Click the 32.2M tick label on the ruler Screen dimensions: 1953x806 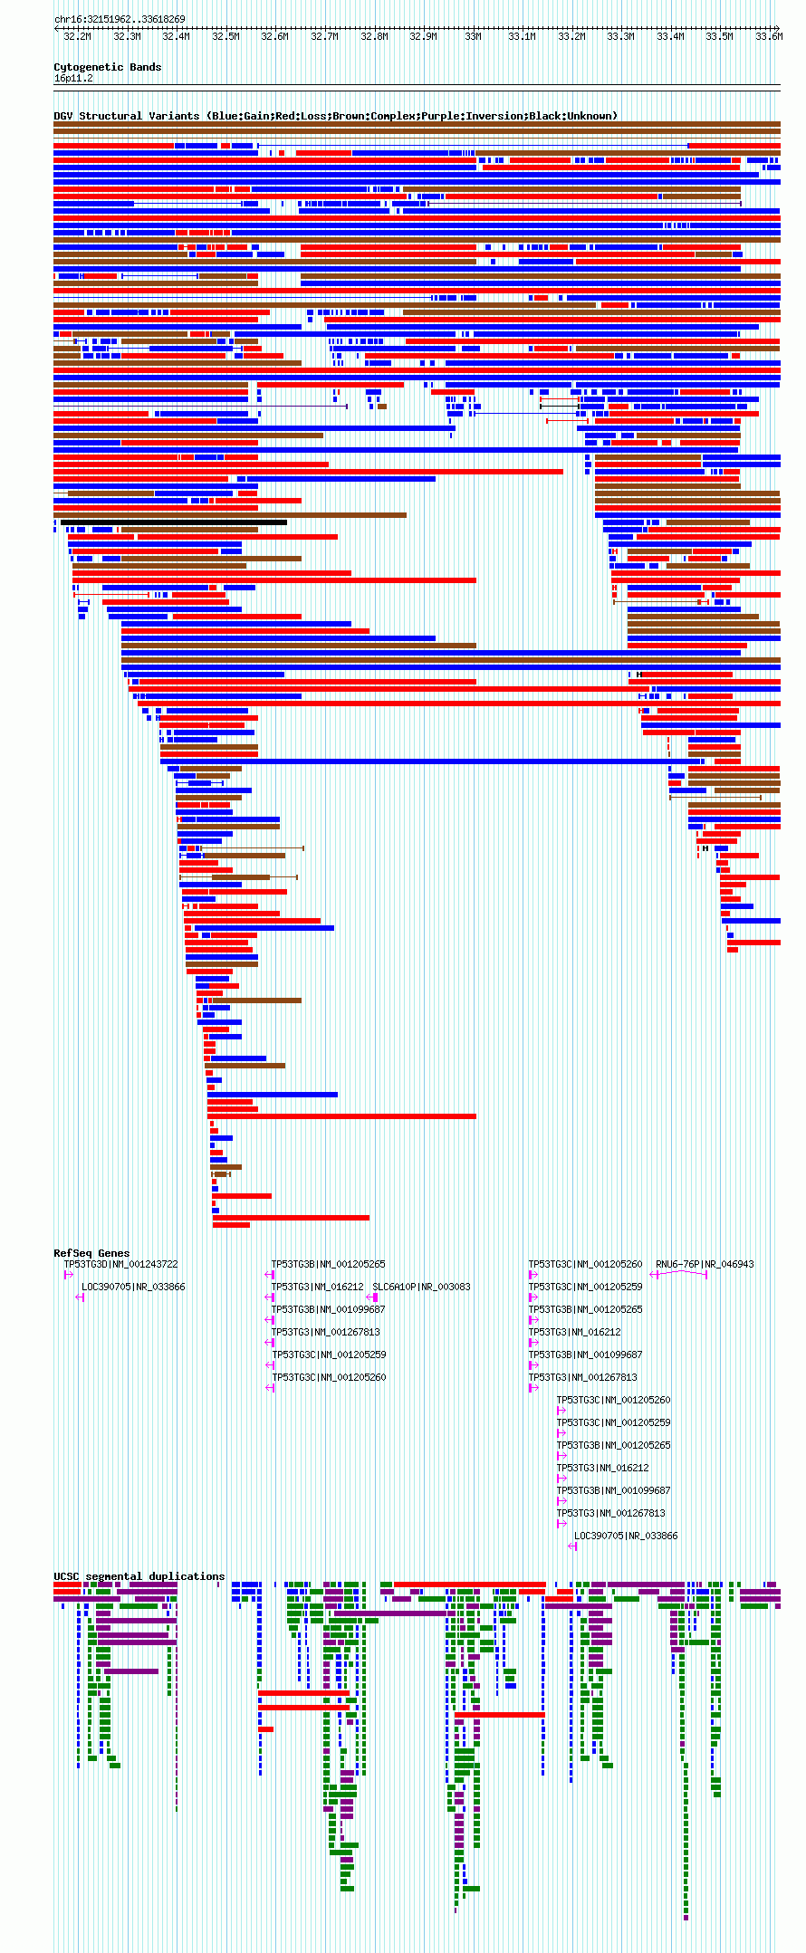(77, 36)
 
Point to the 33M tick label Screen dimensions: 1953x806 (473, 36)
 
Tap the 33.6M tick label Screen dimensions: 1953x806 (768, 36)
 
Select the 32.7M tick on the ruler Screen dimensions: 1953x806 (324, 36)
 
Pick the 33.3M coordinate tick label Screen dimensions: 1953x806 (620, 36)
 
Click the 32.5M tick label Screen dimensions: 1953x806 (225, 36)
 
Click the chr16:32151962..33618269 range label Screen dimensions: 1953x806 (120, 19)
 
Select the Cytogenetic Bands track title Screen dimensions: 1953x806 (107, 67)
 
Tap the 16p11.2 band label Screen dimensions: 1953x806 (73, 78)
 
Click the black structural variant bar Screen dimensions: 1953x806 (172, 522)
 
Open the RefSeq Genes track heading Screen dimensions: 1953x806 (91, 1253)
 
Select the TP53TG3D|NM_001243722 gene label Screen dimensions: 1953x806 (120, 1264)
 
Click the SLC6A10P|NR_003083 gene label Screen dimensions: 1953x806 (421, 1287)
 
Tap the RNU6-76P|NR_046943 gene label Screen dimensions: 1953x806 (705, 1264)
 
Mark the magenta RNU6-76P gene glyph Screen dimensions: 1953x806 (679, 1274)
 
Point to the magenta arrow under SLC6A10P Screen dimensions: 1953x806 (372, 1297)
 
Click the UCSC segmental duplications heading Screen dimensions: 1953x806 (139, 1576)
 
